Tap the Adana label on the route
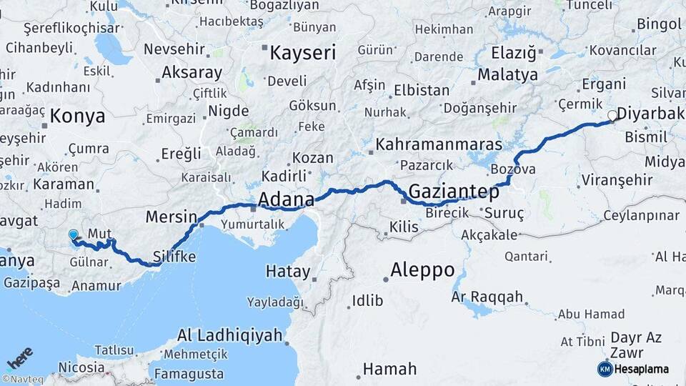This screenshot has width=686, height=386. tap(286, 199)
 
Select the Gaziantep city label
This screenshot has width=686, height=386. tap(454, 191)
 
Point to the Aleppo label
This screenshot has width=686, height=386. tap(422, 270)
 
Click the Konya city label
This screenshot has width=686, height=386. tap(78, 117)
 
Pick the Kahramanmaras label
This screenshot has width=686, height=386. tap(439, 144)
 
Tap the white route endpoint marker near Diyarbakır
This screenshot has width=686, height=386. tap(612, 115)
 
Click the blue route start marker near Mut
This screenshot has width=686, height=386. tap(73, 234)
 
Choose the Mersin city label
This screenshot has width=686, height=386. tap(171, 217)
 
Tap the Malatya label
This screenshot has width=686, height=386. tap(507, 74)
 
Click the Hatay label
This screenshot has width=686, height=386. tap(288, 272)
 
